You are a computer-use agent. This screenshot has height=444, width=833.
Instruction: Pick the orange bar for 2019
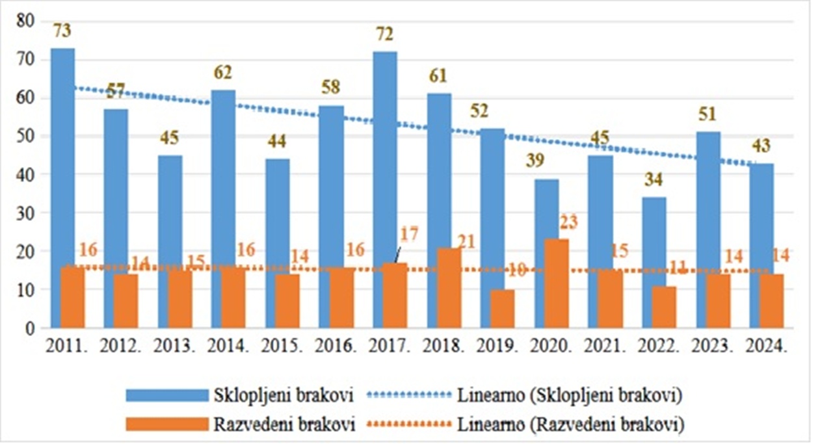click(x=502, y=309)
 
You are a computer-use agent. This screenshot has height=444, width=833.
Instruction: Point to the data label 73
click(x=63, y=31)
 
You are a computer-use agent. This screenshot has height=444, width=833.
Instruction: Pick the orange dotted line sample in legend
click(x=408, y=425)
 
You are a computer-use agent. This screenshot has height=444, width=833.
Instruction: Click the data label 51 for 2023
click(x=707, y=114)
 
